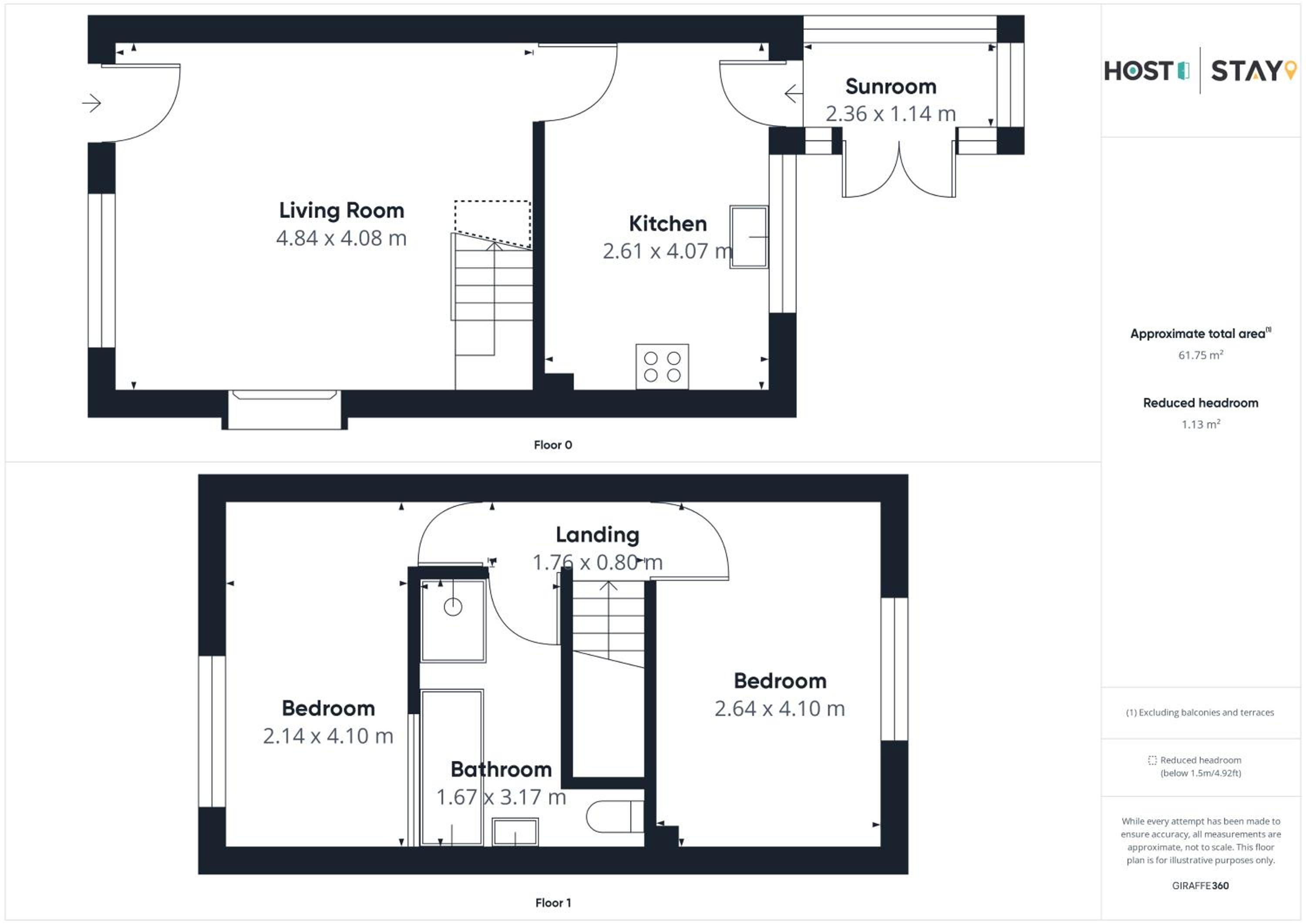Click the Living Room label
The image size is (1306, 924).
pyautogui.click(x=341, y=210)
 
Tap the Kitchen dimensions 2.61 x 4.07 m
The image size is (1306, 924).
pyautogui.click(x=668, y=251)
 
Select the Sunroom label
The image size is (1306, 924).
pyautogui.click(x=891, y=87)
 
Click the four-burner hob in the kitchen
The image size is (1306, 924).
pyautogui.click(x=662, y=367)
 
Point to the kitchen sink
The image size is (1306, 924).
pyautogui.click(x=749, y=237)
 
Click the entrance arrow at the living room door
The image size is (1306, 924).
pyautogui.click(x=91, y=103)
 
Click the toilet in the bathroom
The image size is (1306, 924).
pyautogui.click(x=615, y=816)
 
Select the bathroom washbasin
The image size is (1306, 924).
pyautogui.click(x=515, y=832)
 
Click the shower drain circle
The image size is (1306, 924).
pyautogui.click(x=453, y=607)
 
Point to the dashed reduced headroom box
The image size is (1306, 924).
pyautogui.click(x=493, y=224)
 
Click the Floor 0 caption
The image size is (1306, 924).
pyautogui.click(x=553, y=445)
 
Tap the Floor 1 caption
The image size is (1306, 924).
pyautogui.click(x=553, y=902)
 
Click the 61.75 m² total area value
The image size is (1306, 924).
pyautogui.click(x=1201, y=355)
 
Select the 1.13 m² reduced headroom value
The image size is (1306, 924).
pyautogui.click(x=1201, y=425)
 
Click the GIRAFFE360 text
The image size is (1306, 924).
pyautogui.click(x=1200, y=885)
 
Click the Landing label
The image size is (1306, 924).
pyautogui.click(x=598, y=535)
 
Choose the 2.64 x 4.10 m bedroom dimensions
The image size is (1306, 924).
pyautogui.click(x=780, y=708)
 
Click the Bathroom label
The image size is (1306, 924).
pyautogui.click(x=501, y=769)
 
